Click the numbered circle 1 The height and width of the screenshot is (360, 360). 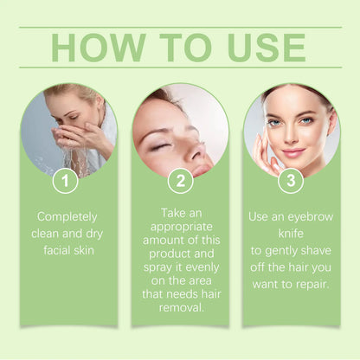coord(65,181)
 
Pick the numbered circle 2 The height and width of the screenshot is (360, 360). coord(179,181)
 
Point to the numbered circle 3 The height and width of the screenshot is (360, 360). coord(290,181)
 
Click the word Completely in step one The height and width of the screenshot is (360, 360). coord(67,216)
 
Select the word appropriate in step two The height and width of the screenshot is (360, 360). coord(179,227)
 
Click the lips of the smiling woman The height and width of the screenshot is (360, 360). coord(292,153)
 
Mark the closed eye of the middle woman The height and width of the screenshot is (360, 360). coord(160,145)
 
